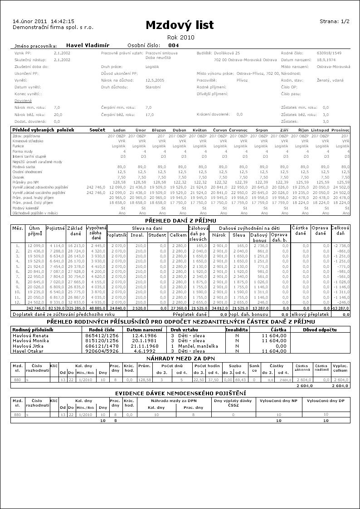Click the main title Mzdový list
180,25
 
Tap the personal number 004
173,45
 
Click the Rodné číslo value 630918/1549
330,53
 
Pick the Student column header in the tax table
157,235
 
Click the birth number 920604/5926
104,351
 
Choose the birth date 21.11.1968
144,345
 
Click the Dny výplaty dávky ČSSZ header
233,403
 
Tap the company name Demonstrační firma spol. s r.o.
53,27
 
